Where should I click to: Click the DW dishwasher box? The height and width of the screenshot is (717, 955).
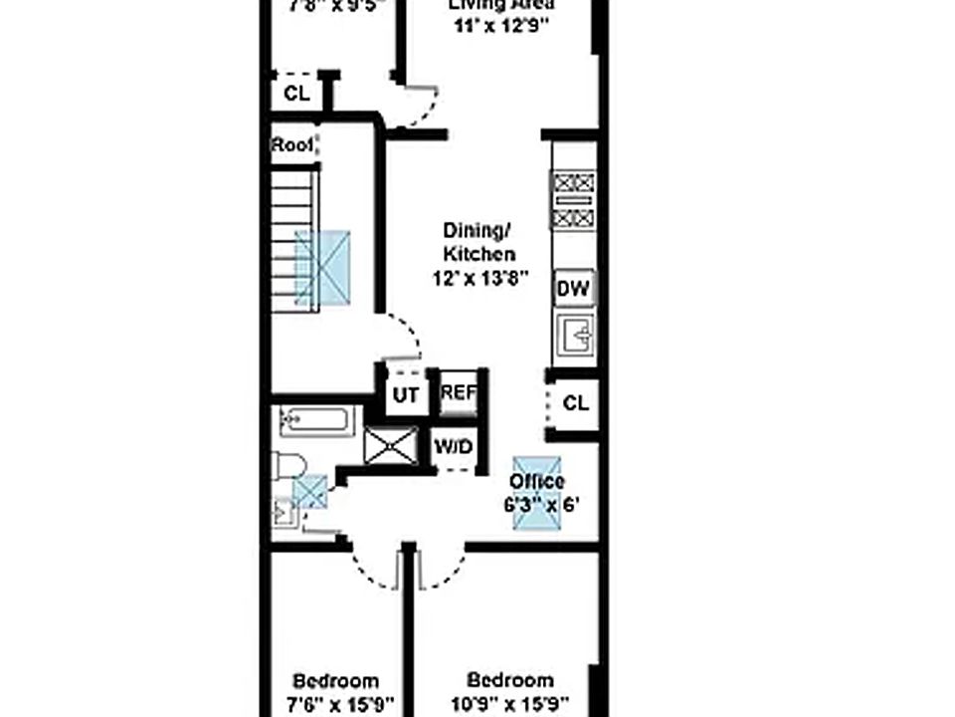pyautogui.click(x=573, y=289)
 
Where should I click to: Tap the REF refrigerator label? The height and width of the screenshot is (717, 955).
pyautogui.click(x=459, y=392)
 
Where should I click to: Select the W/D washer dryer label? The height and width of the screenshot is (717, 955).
pyautogui.click(x=454, y=447)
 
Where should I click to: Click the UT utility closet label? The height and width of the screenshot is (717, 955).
pyautogui.click(x=405, y=394)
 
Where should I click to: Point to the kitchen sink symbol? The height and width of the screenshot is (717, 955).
pyautogui.click(x=574, y=335)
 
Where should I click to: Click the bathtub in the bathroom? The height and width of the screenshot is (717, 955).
pyautogui.click(x=317, y=421)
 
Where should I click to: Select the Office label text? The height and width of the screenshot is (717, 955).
pyautogui.click(x=537, y=483)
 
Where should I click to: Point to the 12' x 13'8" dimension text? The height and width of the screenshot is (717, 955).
pyautogui.click(x=479, y=279)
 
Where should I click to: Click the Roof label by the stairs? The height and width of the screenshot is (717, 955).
pyautogui.click(x=292, y=144)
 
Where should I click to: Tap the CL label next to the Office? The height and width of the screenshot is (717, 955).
pyautogui.click(x=576, y=403)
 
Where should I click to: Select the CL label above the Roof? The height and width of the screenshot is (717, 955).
pyautogui.click(x=296, y=95)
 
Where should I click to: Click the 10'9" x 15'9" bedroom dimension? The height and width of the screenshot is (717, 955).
pyautogui.click(x=510, y=702)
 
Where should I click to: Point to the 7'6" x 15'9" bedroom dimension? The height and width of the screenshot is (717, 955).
pyautogui.click(x=334, y=702)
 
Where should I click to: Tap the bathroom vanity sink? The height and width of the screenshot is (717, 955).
pyautogui.click(x=283, y=512)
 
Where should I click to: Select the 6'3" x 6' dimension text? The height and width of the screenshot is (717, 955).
pyautogui.click(x=540, y=505)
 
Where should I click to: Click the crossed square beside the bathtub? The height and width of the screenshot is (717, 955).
pyautogui.click(x=390, y=445)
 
